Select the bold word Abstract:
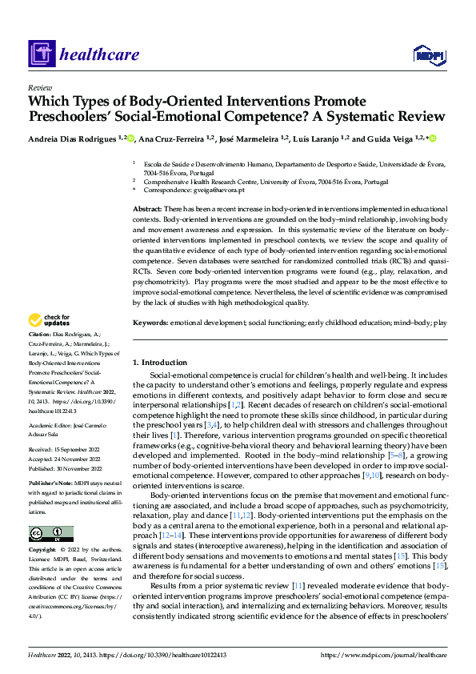(x=150, y=208)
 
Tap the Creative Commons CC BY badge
(x=50, y=534)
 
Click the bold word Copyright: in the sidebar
(x=42, y=550)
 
